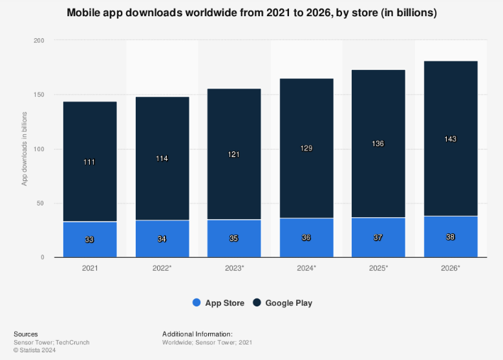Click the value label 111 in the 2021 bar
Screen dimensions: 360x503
coord(89,162)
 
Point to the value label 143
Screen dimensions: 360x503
coord(451,139)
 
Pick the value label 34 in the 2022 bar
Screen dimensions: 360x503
coord(162,239)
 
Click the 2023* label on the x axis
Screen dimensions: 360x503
coord(234,267)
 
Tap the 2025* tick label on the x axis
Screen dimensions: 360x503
coord(378,267)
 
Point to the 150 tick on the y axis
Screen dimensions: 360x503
coord(39,95)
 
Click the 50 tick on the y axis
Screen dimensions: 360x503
coord(41,204)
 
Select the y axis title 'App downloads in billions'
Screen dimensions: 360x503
coord(25,149)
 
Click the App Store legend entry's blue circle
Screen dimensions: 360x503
coord(197,302)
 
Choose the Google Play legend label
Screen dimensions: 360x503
coord(288,302)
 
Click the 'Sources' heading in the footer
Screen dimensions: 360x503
coord(25,334)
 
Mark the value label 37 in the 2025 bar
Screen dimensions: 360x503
coord(378,237)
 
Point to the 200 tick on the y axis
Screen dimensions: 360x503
coord(39,41)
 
